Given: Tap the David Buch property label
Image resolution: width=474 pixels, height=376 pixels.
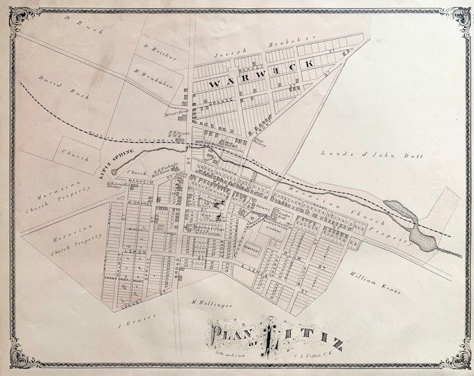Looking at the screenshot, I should pyautogui.click(x=73, y=87).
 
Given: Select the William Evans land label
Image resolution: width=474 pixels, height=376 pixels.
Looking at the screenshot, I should pyautogui.click(x=377, y=274).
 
